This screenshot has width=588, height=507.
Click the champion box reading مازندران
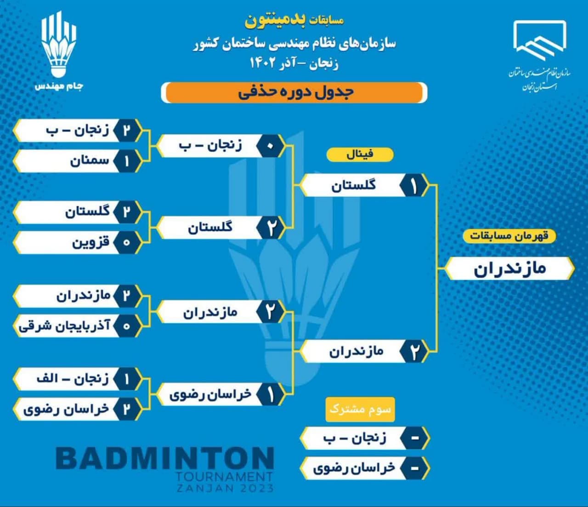point(509,268)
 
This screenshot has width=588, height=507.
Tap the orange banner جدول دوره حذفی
point(294,92)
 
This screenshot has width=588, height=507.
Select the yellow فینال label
point(360,154)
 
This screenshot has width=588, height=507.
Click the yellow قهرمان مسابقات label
point(509,236)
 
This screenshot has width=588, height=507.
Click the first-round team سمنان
point(90,161)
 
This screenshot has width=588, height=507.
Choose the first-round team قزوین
point(91,242)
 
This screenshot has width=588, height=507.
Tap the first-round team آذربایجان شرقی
point(64,325)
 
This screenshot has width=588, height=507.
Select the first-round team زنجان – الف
point(73,379)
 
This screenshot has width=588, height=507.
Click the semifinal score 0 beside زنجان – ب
point(270,146)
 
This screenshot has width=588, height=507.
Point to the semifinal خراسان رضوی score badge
point(270,394)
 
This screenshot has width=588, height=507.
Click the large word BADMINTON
point(165,458)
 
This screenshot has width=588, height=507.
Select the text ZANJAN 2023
point(225,489)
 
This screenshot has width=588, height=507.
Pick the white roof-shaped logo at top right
point(540,40)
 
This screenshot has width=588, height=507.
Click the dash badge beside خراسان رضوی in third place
point(415,468)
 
